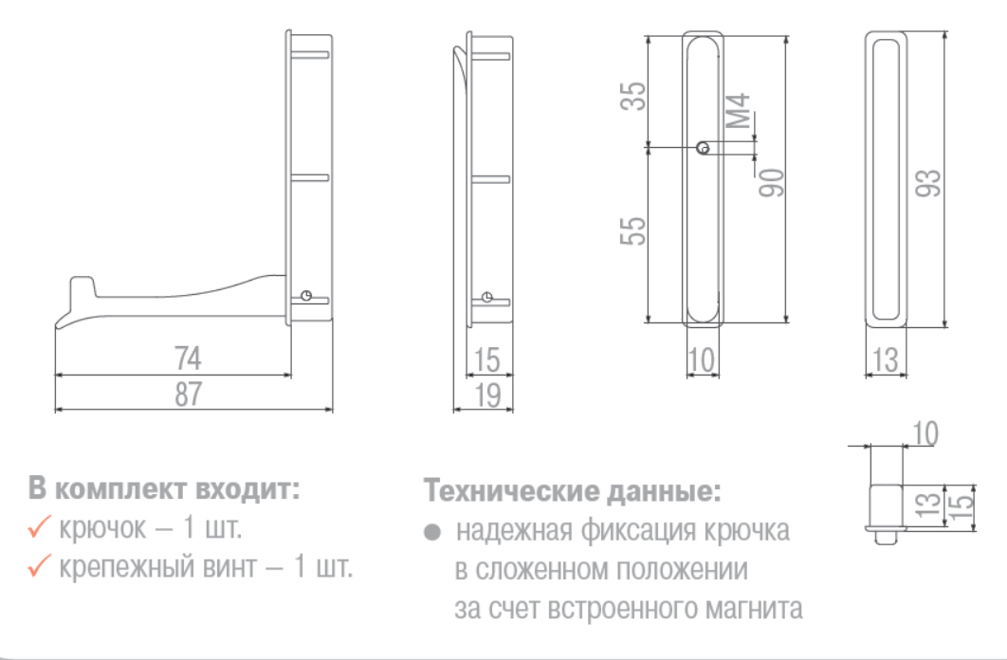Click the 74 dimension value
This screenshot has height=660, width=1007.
click(x=188, y=358)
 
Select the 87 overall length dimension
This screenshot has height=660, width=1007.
click(x=188, y=394)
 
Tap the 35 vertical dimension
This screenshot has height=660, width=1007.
click(x=633, y=96)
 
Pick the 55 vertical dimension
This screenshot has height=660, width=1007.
click(x=633, y=230)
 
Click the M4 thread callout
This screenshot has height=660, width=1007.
click(x=738, y=110)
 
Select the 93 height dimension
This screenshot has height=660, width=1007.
click(x=928, y=184)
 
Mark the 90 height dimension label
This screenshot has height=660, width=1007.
click(x=772, y=182)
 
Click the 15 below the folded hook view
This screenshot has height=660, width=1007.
click(x=486, y=359)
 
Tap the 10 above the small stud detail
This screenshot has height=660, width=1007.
click(x=925, y=434)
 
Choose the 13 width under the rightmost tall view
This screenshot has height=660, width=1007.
click(x=886, y=359)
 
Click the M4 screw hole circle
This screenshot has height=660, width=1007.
click(x=704, y=148)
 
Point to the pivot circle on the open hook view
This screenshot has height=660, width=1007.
click(x=306, y=296)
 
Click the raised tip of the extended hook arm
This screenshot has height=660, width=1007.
click(x=82, y=279)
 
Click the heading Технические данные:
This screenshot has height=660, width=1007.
click(x=572, y=491)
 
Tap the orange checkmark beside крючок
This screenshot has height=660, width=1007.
click(x=39, y=527)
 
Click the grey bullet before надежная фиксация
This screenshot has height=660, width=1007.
click(x=432, y=532)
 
